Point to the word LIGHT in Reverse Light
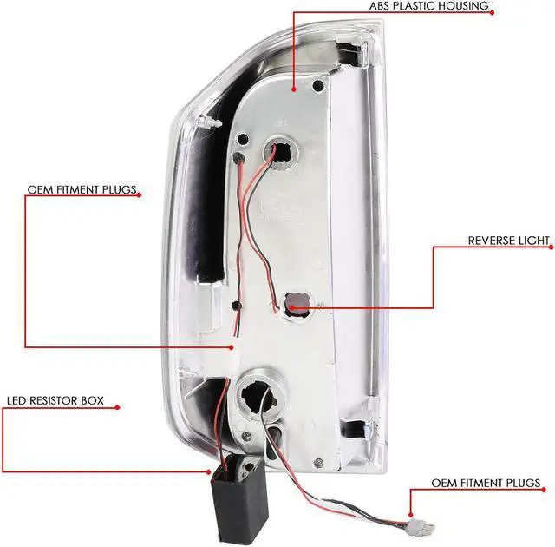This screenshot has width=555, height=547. (x=534, y=240)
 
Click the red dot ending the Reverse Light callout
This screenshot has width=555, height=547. (x=293, y=306)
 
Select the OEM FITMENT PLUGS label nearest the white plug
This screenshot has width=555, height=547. (x=486, y=483)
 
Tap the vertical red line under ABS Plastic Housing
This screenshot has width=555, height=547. (x=295, y=48)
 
